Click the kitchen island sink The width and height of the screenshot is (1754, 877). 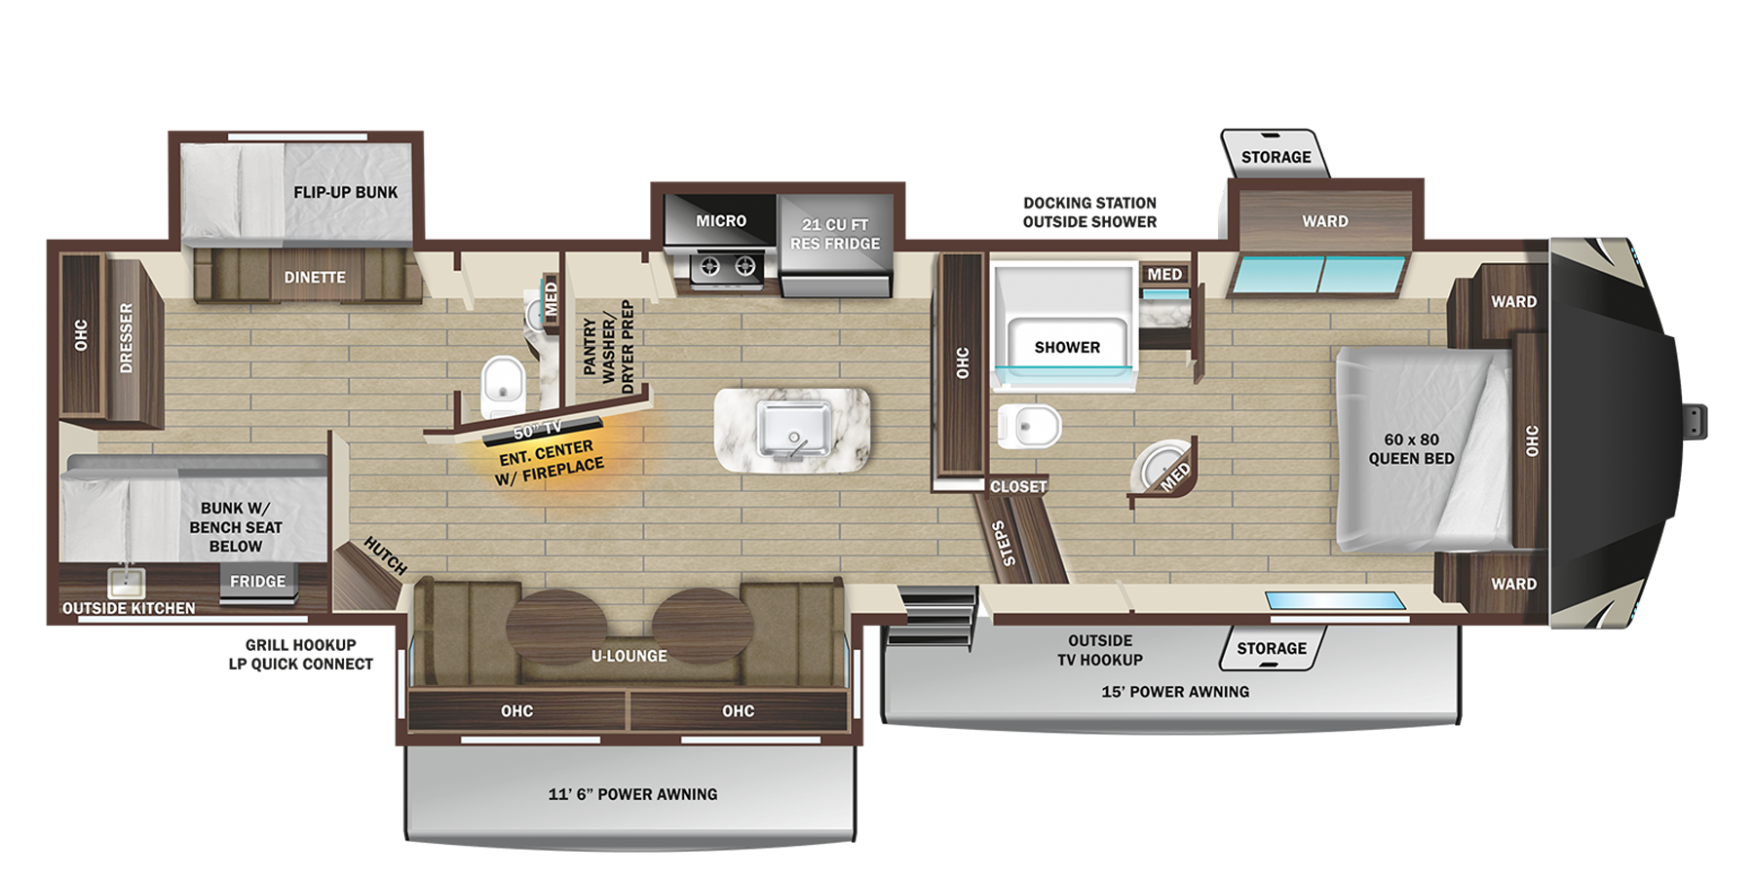[x=794, y=429]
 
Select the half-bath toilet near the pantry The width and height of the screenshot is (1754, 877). [x=503, y=385]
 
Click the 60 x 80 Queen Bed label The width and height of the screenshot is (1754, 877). [x=1411, y=449]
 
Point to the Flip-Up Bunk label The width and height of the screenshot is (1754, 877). [x=345, y=192]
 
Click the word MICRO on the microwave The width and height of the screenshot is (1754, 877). [x=721, y=221]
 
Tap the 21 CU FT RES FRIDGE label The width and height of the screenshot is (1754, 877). [x=835, y=234]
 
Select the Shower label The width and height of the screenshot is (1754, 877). [x=1067, y=347]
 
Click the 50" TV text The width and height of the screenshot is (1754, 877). [x=538, y=430]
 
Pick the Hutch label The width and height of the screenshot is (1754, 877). [x=385, y=555]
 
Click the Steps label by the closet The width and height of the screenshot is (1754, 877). [x=1004, y=543]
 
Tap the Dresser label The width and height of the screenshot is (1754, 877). [x=126, y=337]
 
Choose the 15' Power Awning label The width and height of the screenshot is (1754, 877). [x=1175, y=692]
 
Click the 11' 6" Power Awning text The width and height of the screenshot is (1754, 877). [x=632, y=794]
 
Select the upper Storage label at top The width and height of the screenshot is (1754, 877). [x=1276, y=157]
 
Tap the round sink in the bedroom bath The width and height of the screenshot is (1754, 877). [x=1156, y=467]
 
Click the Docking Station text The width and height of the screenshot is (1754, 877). [x=1089, y=203]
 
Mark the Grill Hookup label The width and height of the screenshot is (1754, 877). [x=300, y=645]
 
